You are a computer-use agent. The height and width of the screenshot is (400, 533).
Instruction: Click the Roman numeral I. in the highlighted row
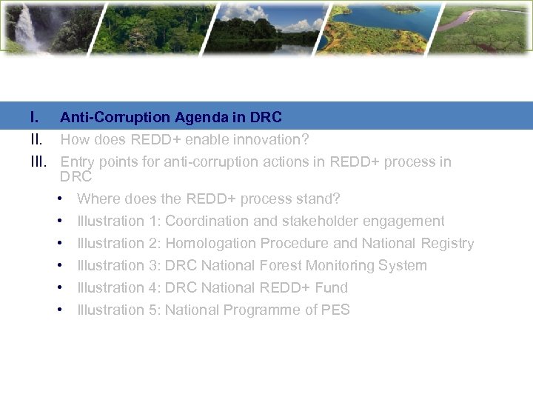point(34,117)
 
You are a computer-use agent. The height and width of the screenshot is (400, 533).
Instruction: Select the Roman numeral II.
point(36,139)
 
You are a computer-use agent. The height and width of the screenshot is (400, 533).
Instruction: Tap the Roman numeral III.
point(38,161)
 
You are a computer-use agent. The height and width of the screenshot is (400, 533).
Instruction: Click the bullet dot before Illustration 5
point(60,310)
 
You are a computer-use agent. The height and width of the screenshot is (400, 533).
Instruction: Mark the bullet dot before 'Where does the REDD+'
point(60,199)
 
